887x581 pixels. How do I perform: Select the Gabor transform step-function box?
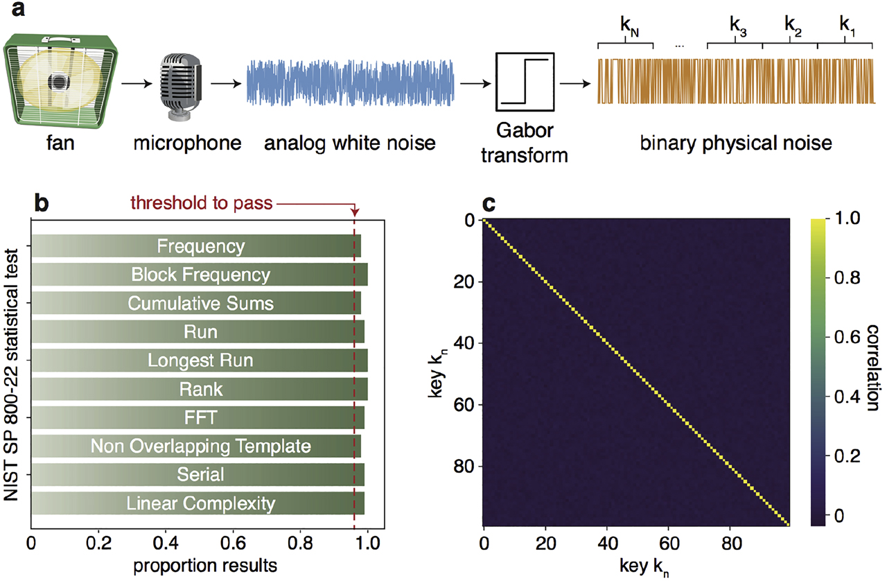click(525, 82)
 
